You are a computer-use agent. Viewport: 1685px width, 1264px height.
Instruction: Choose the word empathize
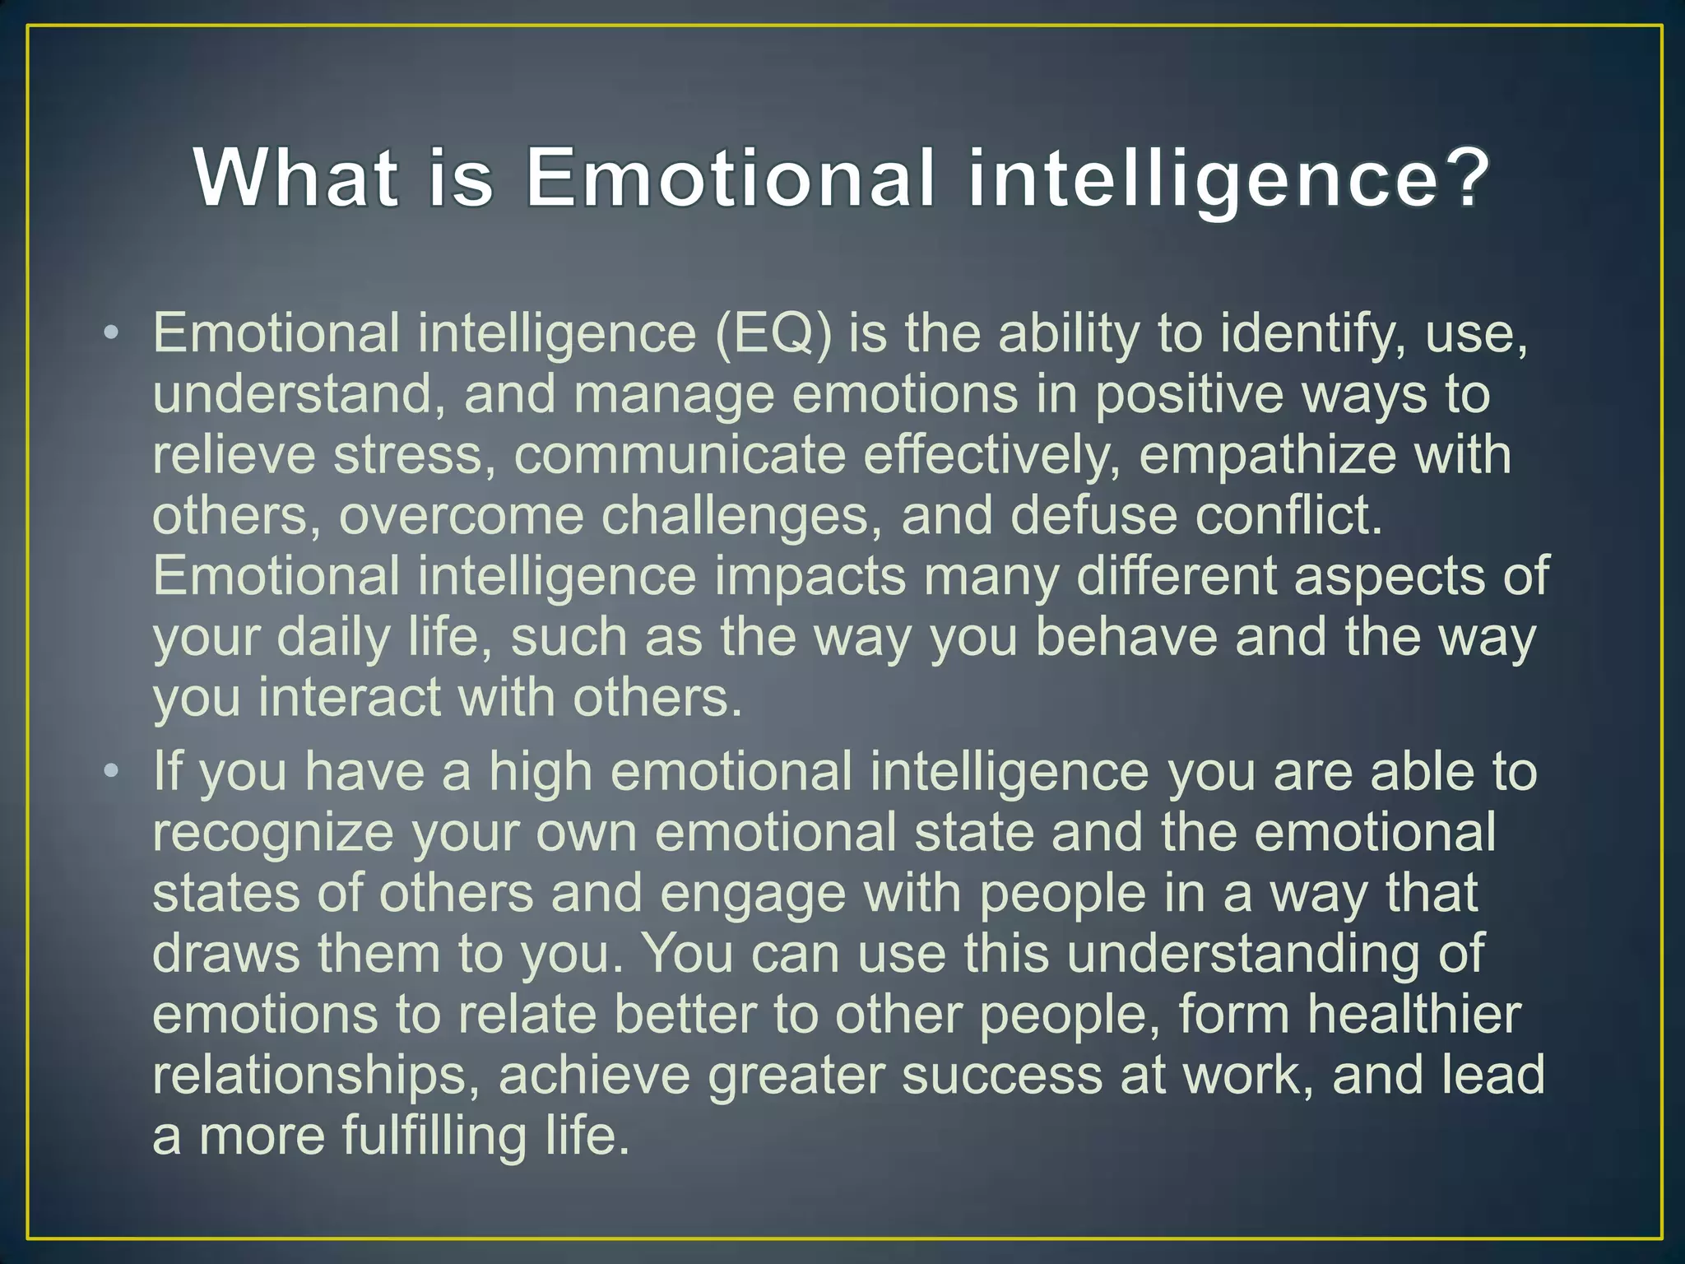click(x=1267, y=455)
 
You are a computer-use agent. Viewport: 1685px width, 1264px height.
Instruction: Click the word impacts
click(x=810, y=577)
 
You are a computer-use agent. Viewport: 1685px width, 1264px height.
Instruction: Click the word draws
click(x=226, y=954)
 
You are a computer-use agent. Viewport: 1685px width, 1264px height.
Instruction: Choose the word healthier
click(x=1413, y=1015)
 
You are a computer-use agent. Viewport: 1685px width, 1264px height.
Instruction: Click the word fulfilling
click(x=434, y=1136)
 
